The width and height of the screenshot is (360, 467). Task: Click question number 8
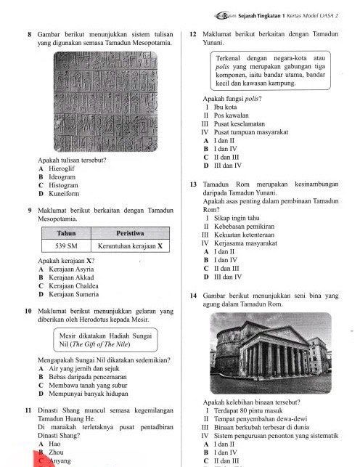pos(28,33)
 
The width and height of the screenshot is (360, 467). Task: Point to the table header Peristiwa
pos(129,232)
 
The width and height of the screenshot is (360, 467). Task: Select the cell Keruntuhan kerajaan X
pos(129,246)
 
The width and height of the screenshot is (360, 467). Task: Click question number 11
pos(28,412)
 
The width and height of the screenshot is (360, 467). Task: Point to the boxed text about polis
pos(269,70)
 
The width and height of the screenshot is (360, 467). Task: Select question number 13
pos(192,185)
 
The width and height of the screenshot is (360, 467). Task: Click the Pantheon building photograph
pos(271,354)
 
